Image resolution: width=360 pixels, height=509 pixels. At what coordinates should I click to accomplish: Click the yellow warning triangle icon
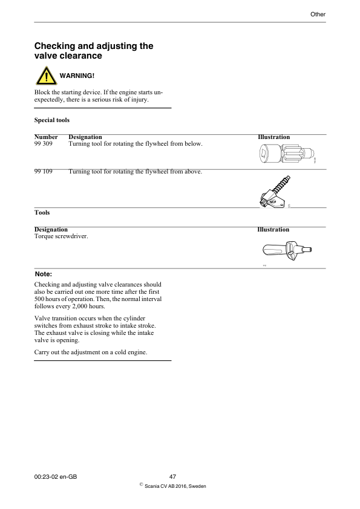pyautogui.click(x=45, y=76)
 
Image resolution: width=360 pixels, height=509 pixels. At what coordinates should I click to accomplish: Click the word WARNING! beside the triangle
pyautogui.click(x=77, y=76)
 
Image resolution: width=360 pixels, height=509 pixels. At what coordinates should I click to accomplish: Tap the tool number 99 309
pyautogui.click(x=44, y=144)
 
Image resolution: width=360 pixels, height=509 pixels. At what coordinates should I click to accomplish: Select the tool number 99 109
pyautogui.click(x=44, y=172)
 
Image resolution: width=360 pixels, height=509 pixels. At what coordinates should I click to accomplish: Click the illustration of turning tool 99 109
pyautogui.click(x=277, y=192)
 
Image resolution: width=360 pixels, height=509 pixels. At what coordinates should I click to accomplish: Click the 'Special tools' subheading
pyautogui.click(x=52, y=120)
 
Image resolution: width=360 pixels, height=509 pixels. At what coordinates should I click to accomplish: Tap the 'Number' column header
pyautogui.click(x=46, y=137)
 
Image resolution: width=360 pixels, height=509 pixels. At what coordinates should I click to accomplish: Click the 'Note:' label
pyautogui.click(x=44, y=274)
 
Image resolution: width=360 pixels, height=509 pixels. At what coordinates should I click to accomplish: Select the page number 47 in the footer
pyautogui.click(x=172, y=478)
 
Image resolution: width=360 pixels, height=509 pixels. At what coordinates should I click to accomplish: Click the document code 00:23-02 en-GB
pyautogui.click(x=56, y=478)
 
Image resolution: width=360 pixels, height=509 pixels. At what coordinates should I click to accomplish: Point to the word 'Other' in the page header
pyautogui.click(x=318, y=13)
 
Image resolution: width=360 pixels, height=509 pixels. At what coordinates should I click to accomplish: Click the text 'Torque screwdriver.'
pyautogui.click(x=61, y=236)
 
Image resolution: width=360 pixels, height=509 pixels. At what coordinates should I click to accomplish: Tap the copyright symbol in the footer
pyautogui.click(x=141, y=484)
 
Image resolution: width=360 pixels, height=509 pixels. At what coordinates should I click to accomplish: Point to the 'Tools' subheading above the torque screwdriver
pyautogui.click(x=42, y=213)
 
